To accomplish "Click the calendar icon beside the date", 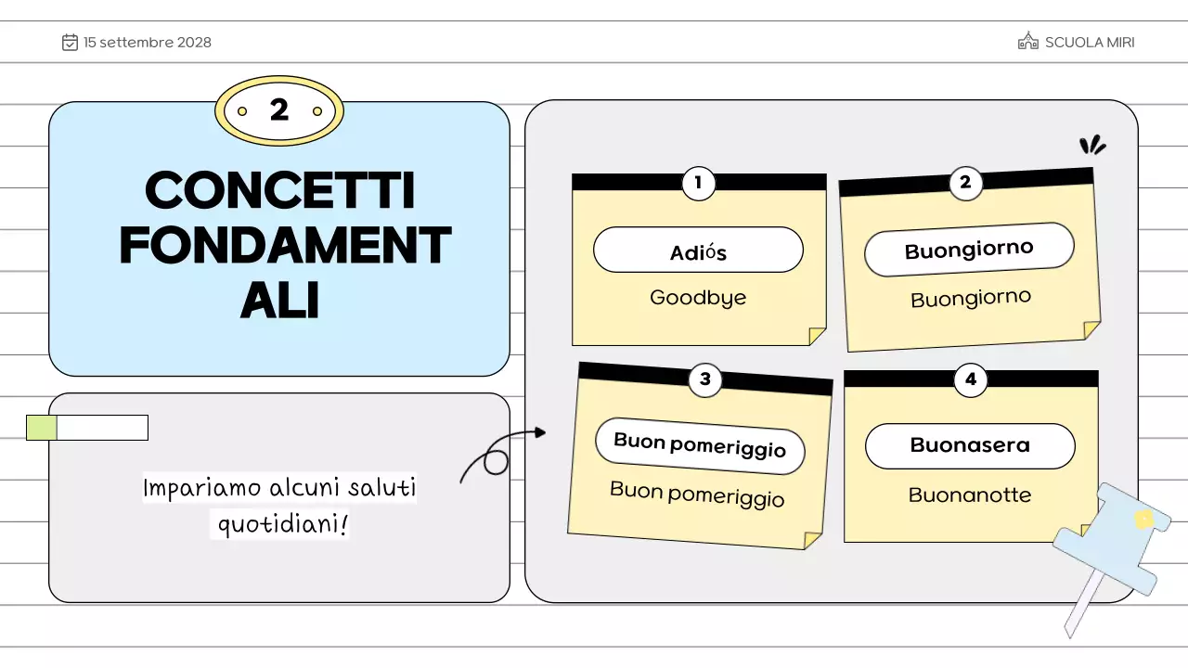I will click(70, 42).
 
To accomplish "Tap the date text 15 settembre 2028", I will click(148, 42).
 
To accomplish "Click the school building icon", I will click(1027, 42).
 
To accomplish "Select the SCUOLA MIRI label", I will click(1090, 42).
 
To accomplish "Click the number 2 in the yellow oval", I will click(279, 110).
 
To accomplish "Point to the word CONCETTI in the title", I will click(279, 191).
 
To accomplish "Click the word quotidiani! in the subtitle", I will click(282, 524).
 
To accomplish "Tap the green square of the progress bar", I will click(42, 428).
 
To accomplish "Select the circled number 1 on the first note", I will click(698, 183).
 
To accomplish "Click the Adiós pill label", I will click(698, 250).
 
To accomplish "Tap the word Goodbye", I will click(698, 298).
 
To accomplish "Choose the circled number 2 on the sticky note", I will click(965, 183).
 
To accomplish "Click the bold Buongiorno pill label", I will click(969, 250).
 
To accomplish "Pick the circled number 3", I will click(705, 379).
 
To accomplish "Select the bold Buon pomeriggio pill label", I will click(700, 445).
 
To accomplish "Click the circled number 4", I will click(971, 379).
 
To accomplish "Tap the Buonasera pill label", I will click(970, 445).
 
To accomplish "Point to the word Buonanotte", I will click(970, 495).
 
